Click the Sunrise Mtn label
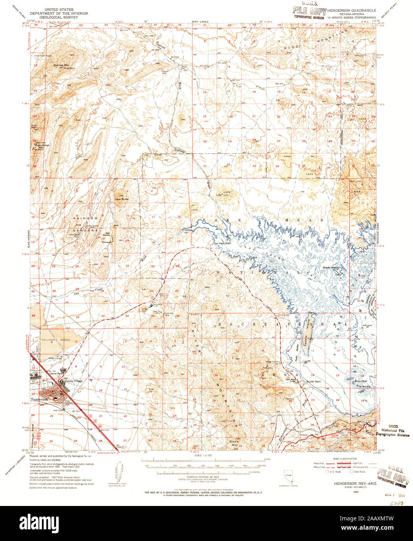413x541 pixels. point(61,65)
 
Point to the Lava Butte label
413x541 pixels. point(121,199)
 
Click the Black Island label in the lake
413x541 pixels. point(331,268)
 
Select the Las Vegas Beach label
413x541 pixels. point(224,244)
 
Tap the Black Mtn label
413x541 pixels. point(234,441)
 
